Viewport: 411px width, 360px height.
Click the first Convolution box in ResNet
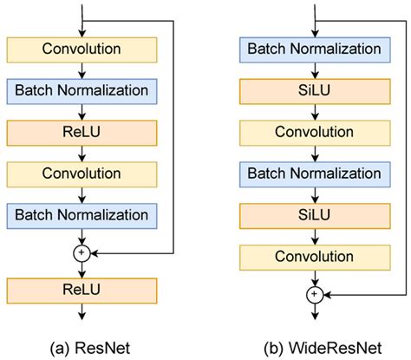(82, 49)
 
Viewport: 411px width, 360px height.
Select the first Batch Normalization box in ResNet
(82, 90)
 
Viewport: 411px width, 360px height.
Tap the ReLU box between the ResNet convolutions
(82, 132)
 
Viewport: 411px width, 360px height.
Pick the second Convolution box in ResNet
(82, 173)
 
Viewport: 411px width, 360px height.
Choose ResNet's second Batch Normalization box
(82, 214)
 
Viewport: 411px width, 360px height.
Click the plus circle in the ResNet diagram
(82, 252)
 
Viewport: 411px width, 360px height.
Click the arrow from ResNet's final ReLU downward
(82, 314)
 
